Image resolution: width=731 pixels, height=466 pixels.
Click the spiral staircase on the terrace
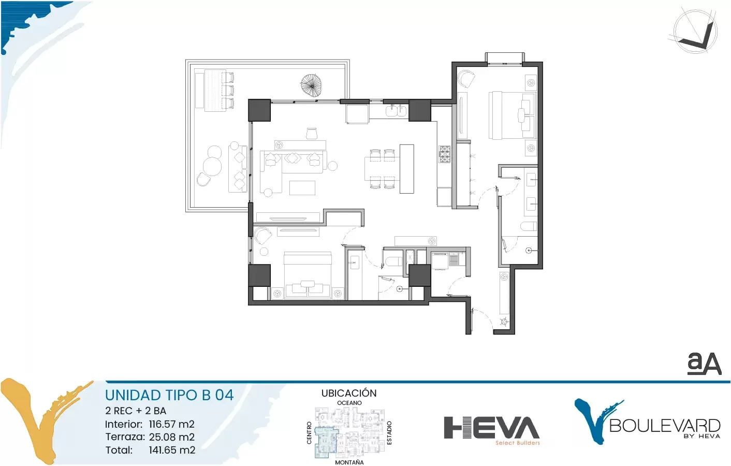pos(312,85)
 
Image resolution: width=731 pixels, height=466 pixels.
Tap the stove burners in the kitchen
pos(444,154)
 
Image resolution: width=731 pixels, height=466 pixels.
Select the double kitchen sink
pos(396,111)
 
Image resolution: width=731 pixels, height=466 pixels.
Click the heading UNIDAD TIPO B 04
pos(169,395)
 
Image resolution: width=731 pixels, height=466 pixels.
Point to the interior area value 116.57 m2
pos(172,424)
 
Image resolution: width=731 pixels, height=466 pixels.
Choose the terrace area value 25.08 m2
pos(172,437)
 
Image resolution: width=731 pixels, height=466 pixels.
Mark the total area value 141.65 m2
pos(172,450)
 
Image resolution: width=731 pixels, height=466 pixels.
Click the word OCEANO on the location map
pos(349,403)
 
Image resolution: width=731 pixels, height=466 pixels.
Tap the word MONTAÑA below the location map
pos(349,462)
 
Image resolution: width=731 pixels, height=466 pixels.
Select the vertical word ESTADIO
pos(389,433)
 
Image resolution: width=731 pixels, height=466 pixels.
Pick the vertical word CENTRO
pos(309,433)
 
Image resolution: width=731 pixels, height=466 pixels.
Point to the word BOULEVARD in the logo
pos(665,426)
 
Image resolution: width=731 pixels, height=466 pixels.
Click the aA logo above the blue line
pos(704,363)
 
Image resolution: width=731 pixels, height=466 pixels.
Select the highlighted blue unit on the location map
pos(325,442)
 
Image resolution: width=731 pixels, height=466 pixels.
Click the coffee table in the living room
pos(302,187)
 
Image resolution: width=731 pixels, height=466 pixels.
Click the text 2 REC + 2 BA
pos(136,411)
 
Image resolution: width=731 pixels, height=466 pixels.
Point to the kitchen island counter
pos(406,169)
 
